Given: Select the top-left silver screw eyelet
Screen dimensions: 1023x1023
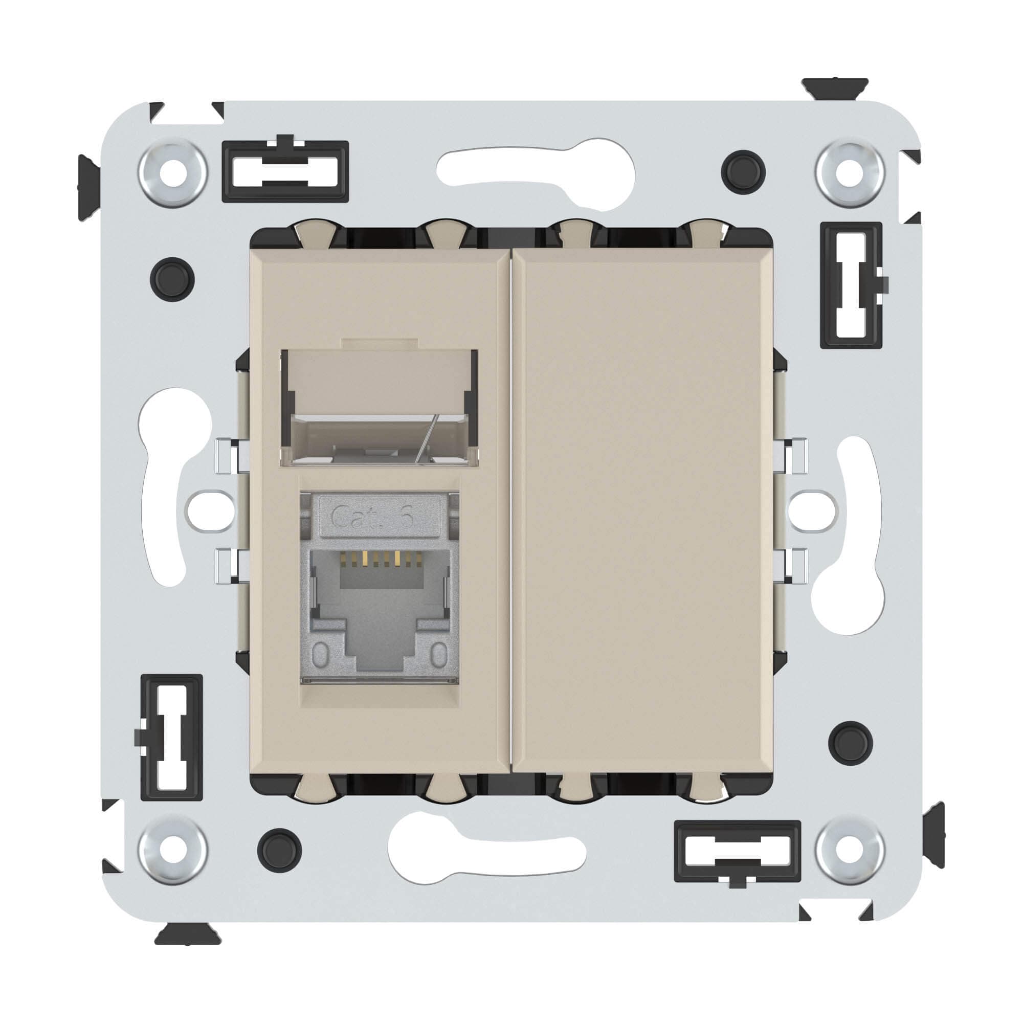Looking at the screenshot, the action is coord(172,172).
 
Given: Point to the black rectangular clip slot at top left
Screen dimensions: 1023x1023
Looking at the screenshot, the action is coord(285,170).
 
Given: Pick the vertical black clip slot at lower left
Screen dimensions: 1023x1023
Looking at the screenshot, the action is coord(171,737).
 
